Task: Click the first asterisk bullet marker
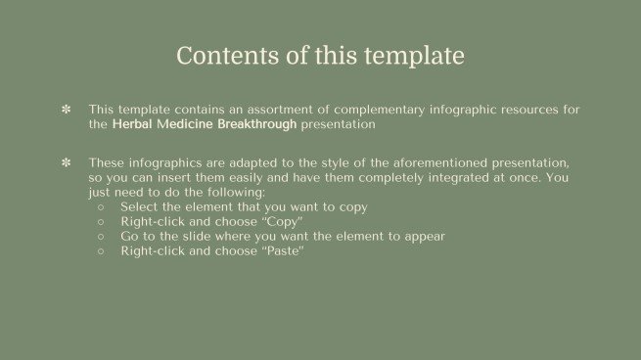tap(67, 111)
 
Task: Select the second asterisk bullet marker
tap(67, 162)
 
